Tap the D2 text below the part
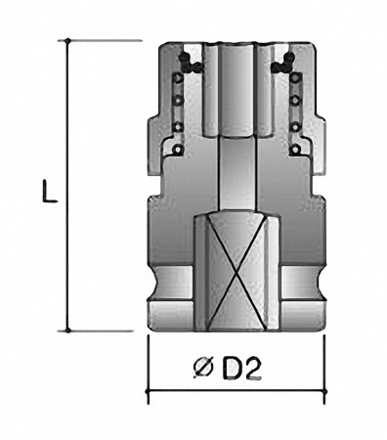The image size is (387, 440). click(x=241, y=369)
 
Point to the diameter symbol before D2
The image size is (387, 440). click(x=202, y=369)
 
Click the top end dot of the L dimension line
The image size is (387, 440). click(x=67, y=41)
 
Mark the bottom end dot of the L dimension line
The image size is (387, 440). click(x=67, y=330)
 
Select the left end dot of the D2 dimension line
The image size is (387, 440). click(x=149, y=390)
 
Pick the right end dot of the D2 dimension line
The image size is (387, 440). click(x=323, y=390)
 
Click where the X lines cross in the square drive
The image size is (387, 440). click(x=236, y=271)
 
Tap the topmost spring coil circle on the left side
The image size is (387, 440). click(x=178, y=78)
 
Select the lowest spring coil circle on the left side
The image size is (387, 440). click(x=178, y=150)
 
